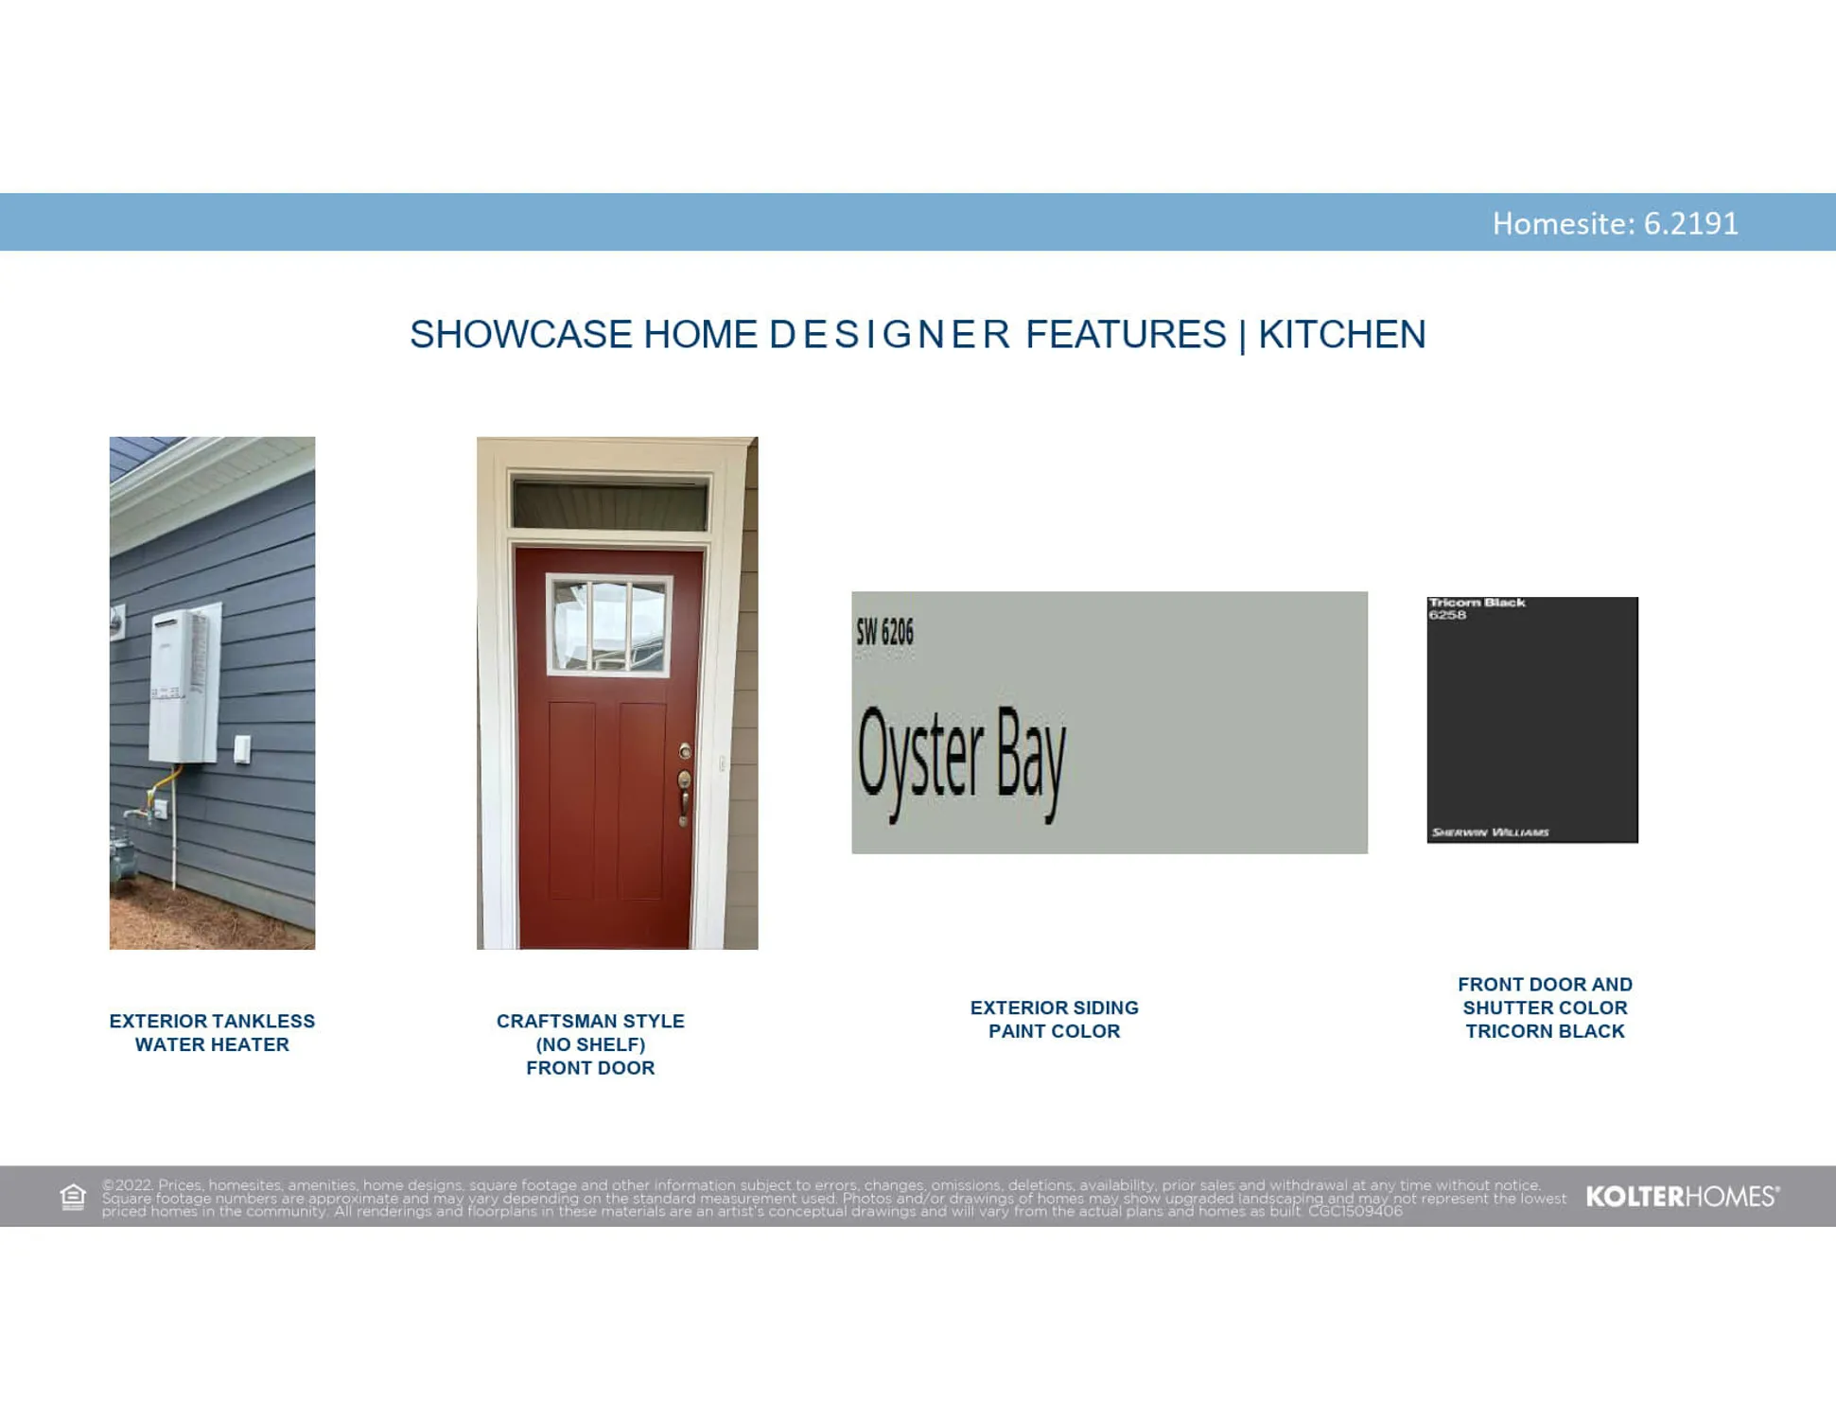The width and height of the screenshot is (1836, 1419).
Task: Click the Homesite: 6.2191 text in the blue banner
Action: pyautogui.click(x=1615, y=223)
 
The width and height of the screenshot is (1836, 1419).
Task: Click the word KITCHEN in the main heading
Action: pyautogui.click(x=1341, y=335)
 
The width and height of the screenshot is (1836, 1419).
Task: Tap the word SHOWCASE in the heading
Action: pyautogui.click(x=520, y=335)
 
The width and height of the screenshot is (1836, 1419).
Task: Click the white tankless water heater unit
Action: pyautogui.click(x=183, y=686)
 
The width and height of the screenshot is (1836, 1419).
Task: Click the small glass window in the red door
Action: pyautogui.click(x=609, y=625)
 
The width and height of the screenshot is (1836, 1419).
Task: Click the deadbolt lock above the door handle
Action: pyautogui.click(x=685, y=752)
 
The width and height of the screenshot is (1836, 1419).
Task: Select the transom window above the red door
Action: pyautogui.click(x=609, y=504)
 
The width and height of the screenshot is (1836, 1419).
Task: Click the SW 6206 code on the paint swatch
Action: pyautogui.click(x=884, y=632)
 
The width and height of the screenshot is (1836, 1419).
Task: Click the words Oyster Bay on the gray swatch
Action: pyautogui.click(x=961, y=762)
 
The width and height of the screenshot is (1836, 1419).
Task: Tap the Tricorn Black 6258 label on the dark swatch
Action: pyautogui.click(x=1476, y=608)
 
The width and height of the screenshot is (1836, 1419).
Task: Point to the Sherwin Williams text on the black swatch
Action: pyautogui.click(x=1490, y=832)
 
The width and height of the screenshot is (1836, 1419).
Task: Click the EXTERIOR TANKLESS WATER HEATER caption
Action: pyautogui.click(x=212, y=1033)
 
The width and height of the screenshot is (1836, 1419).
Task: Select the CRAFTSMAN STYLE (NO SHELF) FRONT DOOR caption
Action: pyautogui.click(x=590, y=1044)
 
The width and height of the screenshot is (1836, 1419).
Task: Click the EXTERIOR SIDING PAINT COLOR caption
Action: pyautogui.click(x=1054, y=1020)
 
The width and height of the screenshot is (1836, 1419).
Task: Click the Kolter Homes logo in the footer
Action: pyautogui.click(x=1682, y=1197)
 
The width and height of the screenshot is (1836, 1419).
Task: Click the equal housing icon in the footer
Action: pyautogui.click(x=73, y=1197)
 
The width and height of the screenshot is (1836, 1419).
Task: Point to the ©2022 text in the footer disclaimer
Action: pyautogui.click(x=128, y=1184)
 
